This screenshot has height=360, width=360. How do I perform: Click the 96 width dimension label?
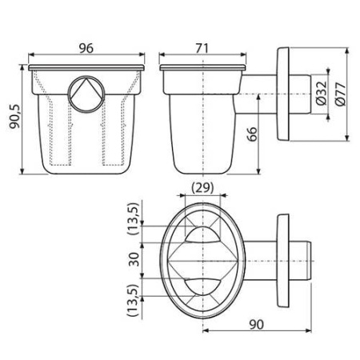(86, 48)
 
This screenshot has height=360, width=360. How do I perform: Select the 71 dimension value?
(202, 48)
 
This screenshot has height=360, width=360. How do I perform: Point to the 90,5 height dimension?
(14, 116)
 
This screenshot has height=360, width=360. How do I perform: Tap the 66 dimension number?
(252, 134)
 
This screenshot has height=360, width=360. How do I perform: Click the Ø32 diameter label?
(321, 93)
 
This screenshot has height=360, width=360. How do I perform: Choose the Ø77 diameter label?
(341, 94)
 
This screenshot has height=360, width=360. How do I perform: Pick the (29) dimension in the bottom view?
(202, 188)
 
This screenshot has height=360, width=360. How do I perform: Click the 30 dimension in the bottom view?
(134, 259)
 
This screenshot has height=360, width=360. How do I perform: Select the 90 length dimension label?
(256, 324)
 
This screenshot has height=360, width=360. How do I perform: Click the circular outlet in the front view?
(86, 94)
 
